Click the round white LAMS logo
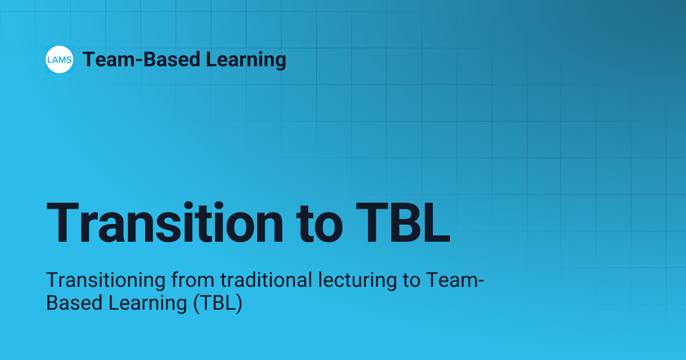[x=59, y=60]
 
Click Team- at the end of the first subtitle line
[x=457, y=281]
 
